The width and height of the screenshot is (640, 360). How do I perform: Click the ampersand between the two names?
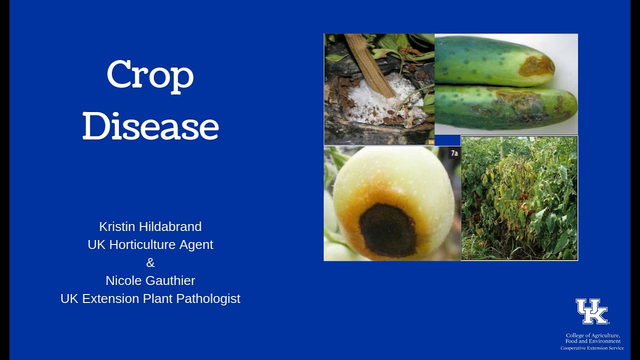point(150,262)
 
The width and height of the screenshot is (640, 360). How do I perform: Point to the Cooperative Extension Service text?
point(592,348)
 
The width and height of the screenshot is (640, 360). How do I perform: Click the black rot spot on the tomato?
point(387,230)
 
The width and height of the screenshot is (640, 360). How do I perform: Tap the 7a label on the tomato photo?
point(454,153)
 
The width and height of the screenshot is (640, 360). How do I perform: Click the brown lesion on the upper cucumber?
point(536,66)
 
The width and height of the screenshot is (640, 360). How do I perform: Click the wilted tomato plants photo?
point(519,198)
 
